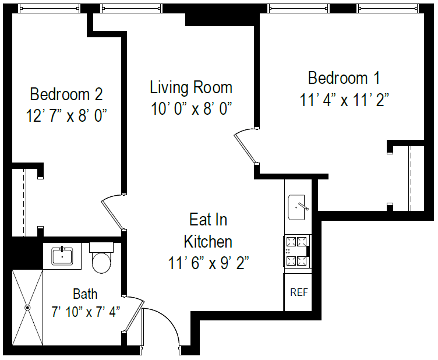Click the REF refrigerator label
click(x=299, y=292)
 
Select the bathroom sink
click(x=62, y=256)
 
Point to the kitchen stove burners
click(x=297, y=250)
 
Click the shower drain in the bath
click(x=27, y=307)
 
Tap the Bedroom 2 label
click(x=66, y=93)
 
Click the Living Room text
click(x=191, y=87)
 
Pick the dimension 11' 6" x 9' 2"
click(x=209, y=263)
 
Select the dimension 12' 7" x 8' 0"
click(x=66, y=115)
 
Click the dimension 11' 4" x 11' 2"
click(x=345, y=100)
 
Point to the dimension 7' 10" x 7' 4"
click(x=85, y=311)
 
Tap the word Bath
click(x=85, y=294)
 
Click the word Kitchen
click(x=208, y=241)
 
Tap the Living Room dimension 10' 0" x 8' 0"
click(x=192, y=109)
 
